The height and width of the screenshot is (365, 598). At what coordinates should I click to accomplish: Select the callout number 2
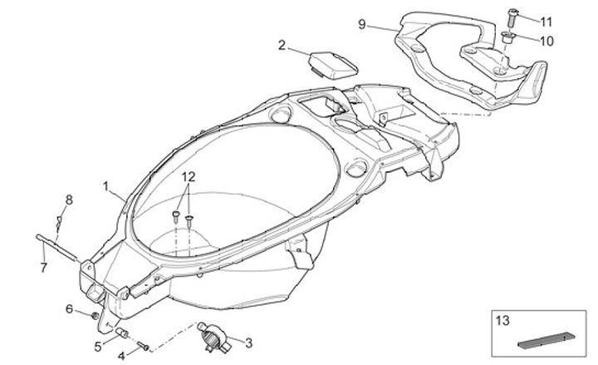[x=282, y=45]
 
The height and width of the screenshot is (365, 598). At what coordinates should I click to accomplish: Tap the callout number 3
[x=248, y=341]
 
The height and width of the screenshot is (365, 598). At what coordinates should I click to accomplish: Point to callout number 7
[x=44, y=267]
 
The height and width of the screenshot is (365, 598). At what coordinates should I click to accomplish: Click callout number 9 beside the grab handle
[x=362, y=25]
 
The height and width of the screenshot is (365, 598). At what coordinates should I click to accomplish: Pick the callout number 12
[x=189, y=176]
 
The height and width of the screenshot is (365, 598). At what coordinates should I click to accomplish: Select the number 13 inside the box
[x=501, y=318]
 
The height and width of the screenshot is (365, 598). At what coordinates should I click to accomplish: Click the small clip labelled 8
[x=58, y=222]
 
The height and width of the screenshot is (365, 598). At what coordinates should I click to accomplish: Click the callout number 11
[x=545, y=21]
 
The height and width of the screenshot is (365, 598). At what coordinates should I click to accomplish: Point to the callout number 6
[x=70, y=308]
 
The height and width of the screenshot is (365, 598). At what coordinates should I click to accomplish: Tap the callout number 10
[x=545, y=39]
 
